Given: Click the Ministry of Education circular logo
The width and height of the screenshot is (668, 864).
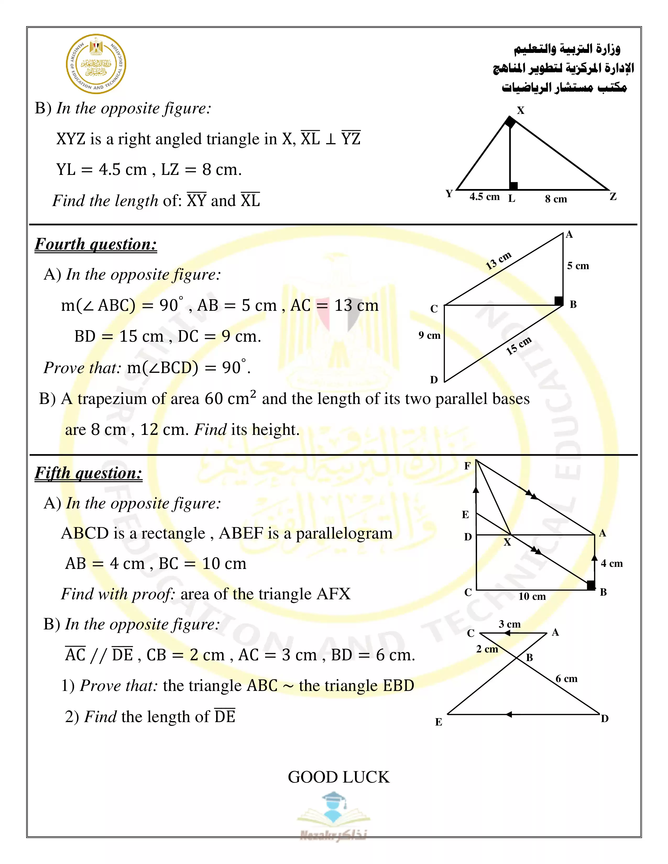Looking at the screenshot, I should (96, 64).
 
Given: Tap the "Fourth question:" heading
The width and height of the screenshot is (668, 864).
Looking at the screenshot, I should (96, 244).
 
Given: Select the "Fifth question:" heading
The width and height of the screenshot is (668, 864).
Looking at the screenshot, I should (88, 473).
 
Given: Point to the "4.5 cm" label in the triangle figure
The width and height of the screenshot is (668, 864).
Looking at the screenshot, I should (484, 197).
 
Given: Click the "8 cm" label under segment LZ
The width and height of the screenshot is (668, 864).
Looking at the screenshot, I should (556, 199).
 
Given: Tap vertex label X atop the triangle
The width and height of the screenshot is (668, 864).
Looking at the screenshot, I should (521, 110).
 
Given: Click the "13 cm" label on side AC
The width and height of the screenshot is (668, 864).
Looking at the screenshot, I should (498, 260).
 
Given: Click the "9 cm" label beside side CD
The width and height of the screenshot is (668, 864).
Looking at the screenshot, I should (429, 335).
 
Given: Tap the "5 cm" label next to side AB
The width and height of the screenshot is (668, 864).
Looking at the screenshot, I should (578, 266).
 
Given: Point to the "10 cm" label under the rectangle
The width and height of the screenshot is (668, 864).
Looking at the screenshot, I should (532, 596).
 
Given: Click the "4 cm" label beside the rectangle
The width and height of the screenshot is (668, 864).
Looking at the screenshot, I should (611, 563).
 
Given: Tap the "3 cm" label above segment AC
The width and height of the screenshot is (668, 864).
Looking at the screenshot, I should (509, 624).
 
